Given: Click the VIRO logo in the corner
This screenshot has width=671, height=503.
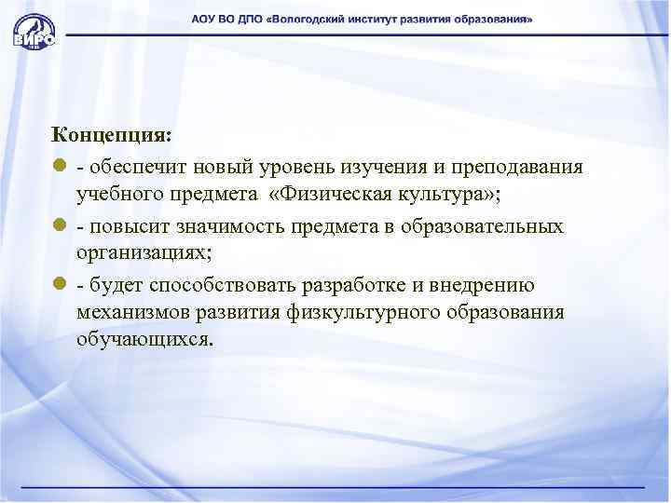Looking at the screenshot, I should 34,31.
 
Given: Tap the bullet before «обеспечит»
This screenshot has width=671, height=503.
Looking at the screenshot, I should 59,168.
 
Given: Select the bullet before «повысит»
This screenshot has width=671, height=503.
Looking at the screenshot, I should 59,227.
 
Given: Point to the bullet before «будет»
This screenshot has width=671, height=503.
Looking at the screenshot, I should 59,287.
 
